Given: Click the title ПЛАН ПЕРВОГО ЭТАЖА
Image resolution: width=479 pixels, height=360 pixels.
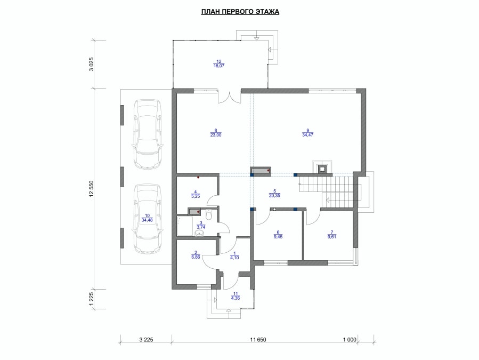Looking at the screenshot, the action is [240, 12].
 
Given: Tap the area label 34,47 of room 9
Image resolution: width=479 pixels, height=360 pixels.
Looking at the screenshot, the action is [307, 134].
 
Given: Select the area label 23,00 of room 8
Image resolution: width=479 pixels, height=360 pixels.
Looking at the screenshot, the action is [216, 134].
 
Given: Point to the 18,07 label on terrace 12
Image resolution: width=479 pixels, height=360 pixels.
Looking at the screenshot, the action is [219, 66].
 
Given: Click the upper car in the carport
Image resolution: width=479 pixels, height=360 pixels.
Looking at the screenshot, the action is [148, 134].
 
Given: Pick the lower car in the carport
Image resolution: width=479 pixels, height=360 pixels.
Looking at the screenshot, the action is [148, 218].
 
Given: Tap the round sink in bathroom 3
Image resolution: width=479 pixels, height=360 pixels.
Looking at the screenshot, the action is [199, 234].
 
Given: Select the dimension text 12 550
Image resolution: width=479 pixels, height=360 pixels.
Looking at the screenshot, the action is [92, 189].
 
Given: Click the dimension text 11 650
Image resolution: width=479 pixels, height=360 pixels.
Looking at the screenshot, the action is [258, 340].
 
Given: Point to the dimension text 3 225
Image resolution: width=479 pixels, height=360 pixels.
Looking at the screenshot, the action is [146, 340].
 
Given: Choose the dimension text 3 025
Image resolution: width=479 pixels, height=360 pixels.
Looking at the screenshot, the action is [92, 64].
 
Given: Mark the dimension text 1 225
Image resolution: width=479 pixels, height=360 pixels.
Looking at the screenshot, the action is [92, 299].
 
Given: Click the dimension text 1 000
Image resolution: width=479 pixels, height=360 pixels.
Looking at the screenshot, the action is [350, 340].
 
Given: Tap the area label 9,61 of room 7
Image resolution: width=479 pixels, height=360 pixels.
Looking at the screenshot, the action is [331, 236].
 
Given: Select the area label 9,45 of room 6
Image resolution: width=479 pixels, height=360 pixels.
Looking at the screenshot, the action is [278, 236].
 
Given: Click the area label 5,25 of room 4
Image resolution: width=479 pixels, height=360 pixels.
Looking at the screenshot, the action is [196, 196].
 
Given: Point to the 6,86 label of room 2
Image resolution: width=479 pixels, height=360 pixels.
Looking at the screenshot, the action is [196, 257].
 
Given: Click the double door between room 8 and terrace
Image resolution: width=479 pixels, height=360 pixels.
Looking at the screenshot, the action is [230, 97].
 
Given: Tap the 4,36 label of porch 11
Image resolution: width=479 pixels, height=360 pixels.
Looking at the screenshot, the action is [235, 298].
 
